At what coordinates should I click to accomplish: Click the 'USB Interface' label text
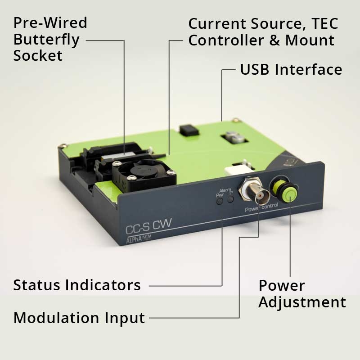pos(291,70)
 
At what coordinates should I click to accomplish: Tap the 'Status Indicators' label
pos(77,285)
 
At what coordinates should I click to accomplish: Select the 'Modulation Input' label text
pos(79,318)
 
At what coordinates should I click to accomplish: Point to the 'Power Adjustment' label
pos(302,293)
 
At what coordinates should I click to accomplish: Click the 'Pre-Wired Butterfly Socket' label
pos(50,39)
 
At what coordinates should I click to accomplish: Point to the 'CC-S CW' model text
pos(148,224)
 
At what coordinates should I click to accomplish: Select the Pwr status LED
pos(220,201)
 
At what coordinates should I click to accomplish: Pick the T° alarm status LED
pos(230,199)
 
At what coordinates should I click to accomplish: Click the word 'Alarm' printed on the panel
pos(225,190)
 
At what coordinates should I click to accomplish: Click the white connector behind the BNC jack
pos(234,170)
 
